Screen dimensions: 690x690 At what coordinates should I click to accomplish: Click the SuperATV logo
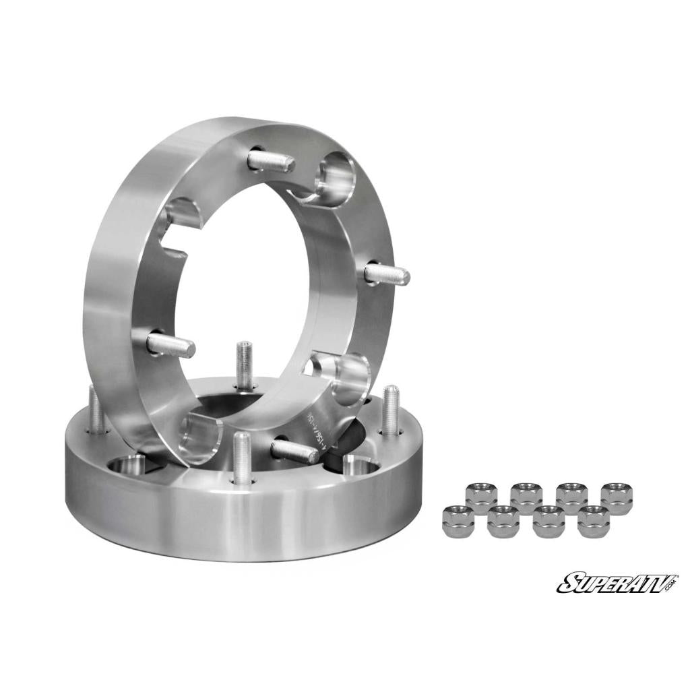[617, 582]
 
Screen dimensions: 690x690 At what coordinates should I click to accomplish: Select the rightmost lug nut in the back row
[617, 497]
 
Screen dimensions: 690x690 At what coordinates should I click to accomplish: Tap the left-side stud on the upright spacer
[171, 346]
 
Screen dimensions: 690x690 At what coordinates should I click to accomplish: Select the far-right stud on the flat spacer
[390, 410]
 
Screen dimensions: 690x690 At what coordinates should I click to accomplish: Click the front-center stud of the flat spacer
[241, 458]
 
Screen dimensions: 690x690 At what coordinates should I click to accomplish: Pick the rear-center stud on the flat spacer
[244, 365]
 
